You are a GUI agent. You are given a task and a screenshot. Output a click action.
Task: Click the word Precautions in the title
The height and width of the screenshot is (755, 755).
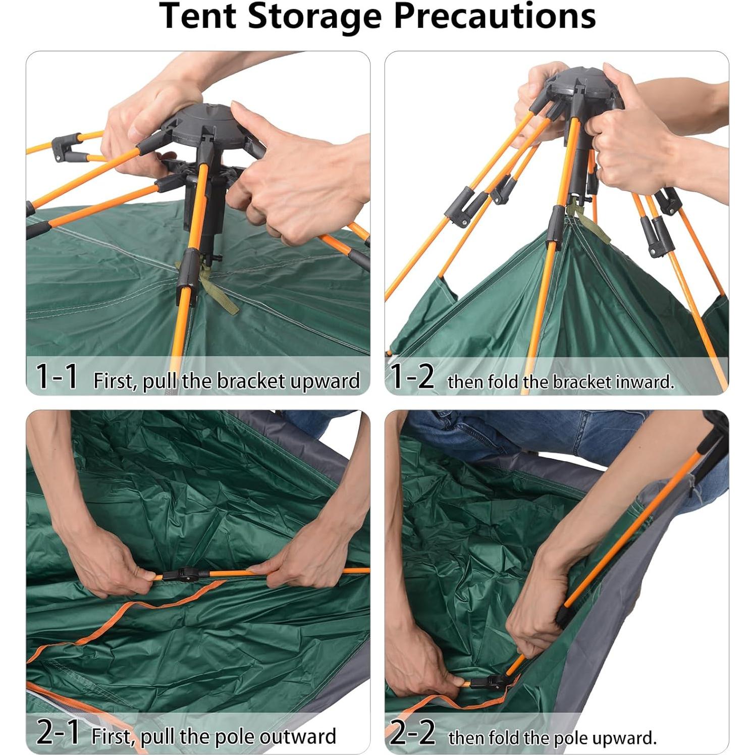[x=495, y=16]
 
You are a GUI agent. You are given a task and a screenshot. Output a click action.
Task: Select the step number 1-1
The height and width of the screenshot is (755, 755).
[x=57, y=376]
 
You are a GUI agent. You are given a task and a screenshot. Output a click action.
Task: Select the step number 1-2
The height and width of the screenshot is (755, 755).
[x=412, y=376]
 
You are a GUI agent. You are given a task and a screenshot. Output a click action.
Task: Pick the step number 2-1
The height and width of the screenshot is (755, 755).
[x=58, y=733]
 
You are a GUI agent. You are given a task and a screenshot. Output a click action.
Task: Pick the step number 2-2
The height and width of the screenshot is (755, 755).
[x=412, y=733]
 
